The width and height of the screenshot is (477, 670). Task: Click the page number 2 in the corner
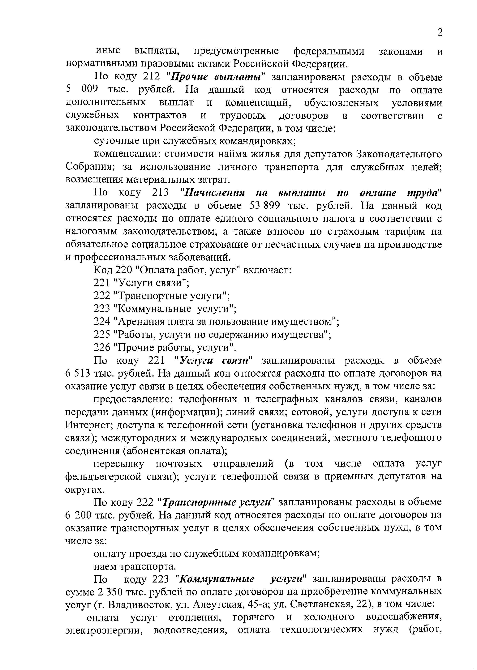pyautogui.click(x=440, y=32)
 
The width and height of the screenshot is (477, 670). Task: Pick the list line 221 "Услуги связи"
pyautogui.click(x=141, y=283)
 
